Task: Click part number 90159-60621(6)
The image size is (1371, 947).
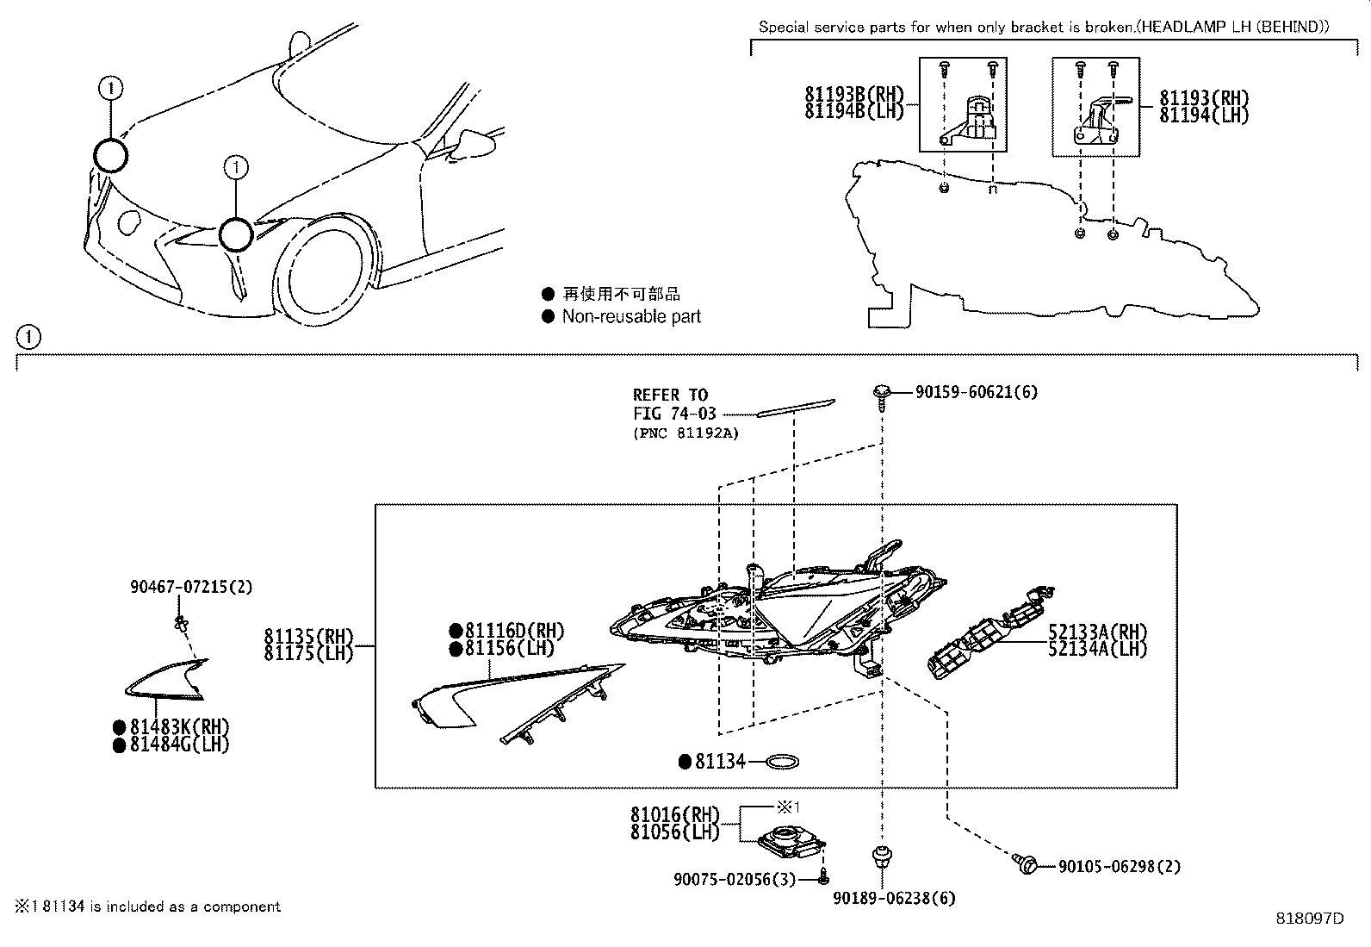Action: (976, 392)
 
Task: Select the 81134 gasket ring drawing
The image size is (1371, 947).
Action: (783, 762)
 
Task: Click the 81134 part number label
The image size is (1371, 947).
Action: (720, 762)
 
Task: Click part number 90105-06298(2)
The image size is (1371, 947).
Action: (1119, 866)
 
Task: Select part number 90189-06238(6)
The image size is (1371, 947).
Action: (894, 898)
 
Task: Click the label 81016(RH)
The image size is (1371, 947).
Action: (673, 814)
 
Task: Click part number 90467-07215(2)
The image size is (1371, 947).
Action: (191, 587)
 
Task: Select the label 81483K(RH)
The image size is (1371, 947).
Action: (179, 727)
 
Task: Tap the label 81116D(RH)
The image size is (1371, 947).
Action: (514, 632)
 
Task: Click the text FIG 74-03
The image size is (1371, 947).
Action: (674, 414)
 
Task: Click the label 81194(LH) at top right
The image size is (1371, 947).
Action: (1203, 116)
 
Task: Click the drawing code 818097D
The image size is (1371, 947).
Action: (1309, 918)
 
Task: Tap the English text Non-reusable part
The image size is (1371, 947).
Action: (631, 316)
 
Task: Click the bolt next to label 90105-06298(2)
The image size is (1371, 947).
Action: (1026, 863)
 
